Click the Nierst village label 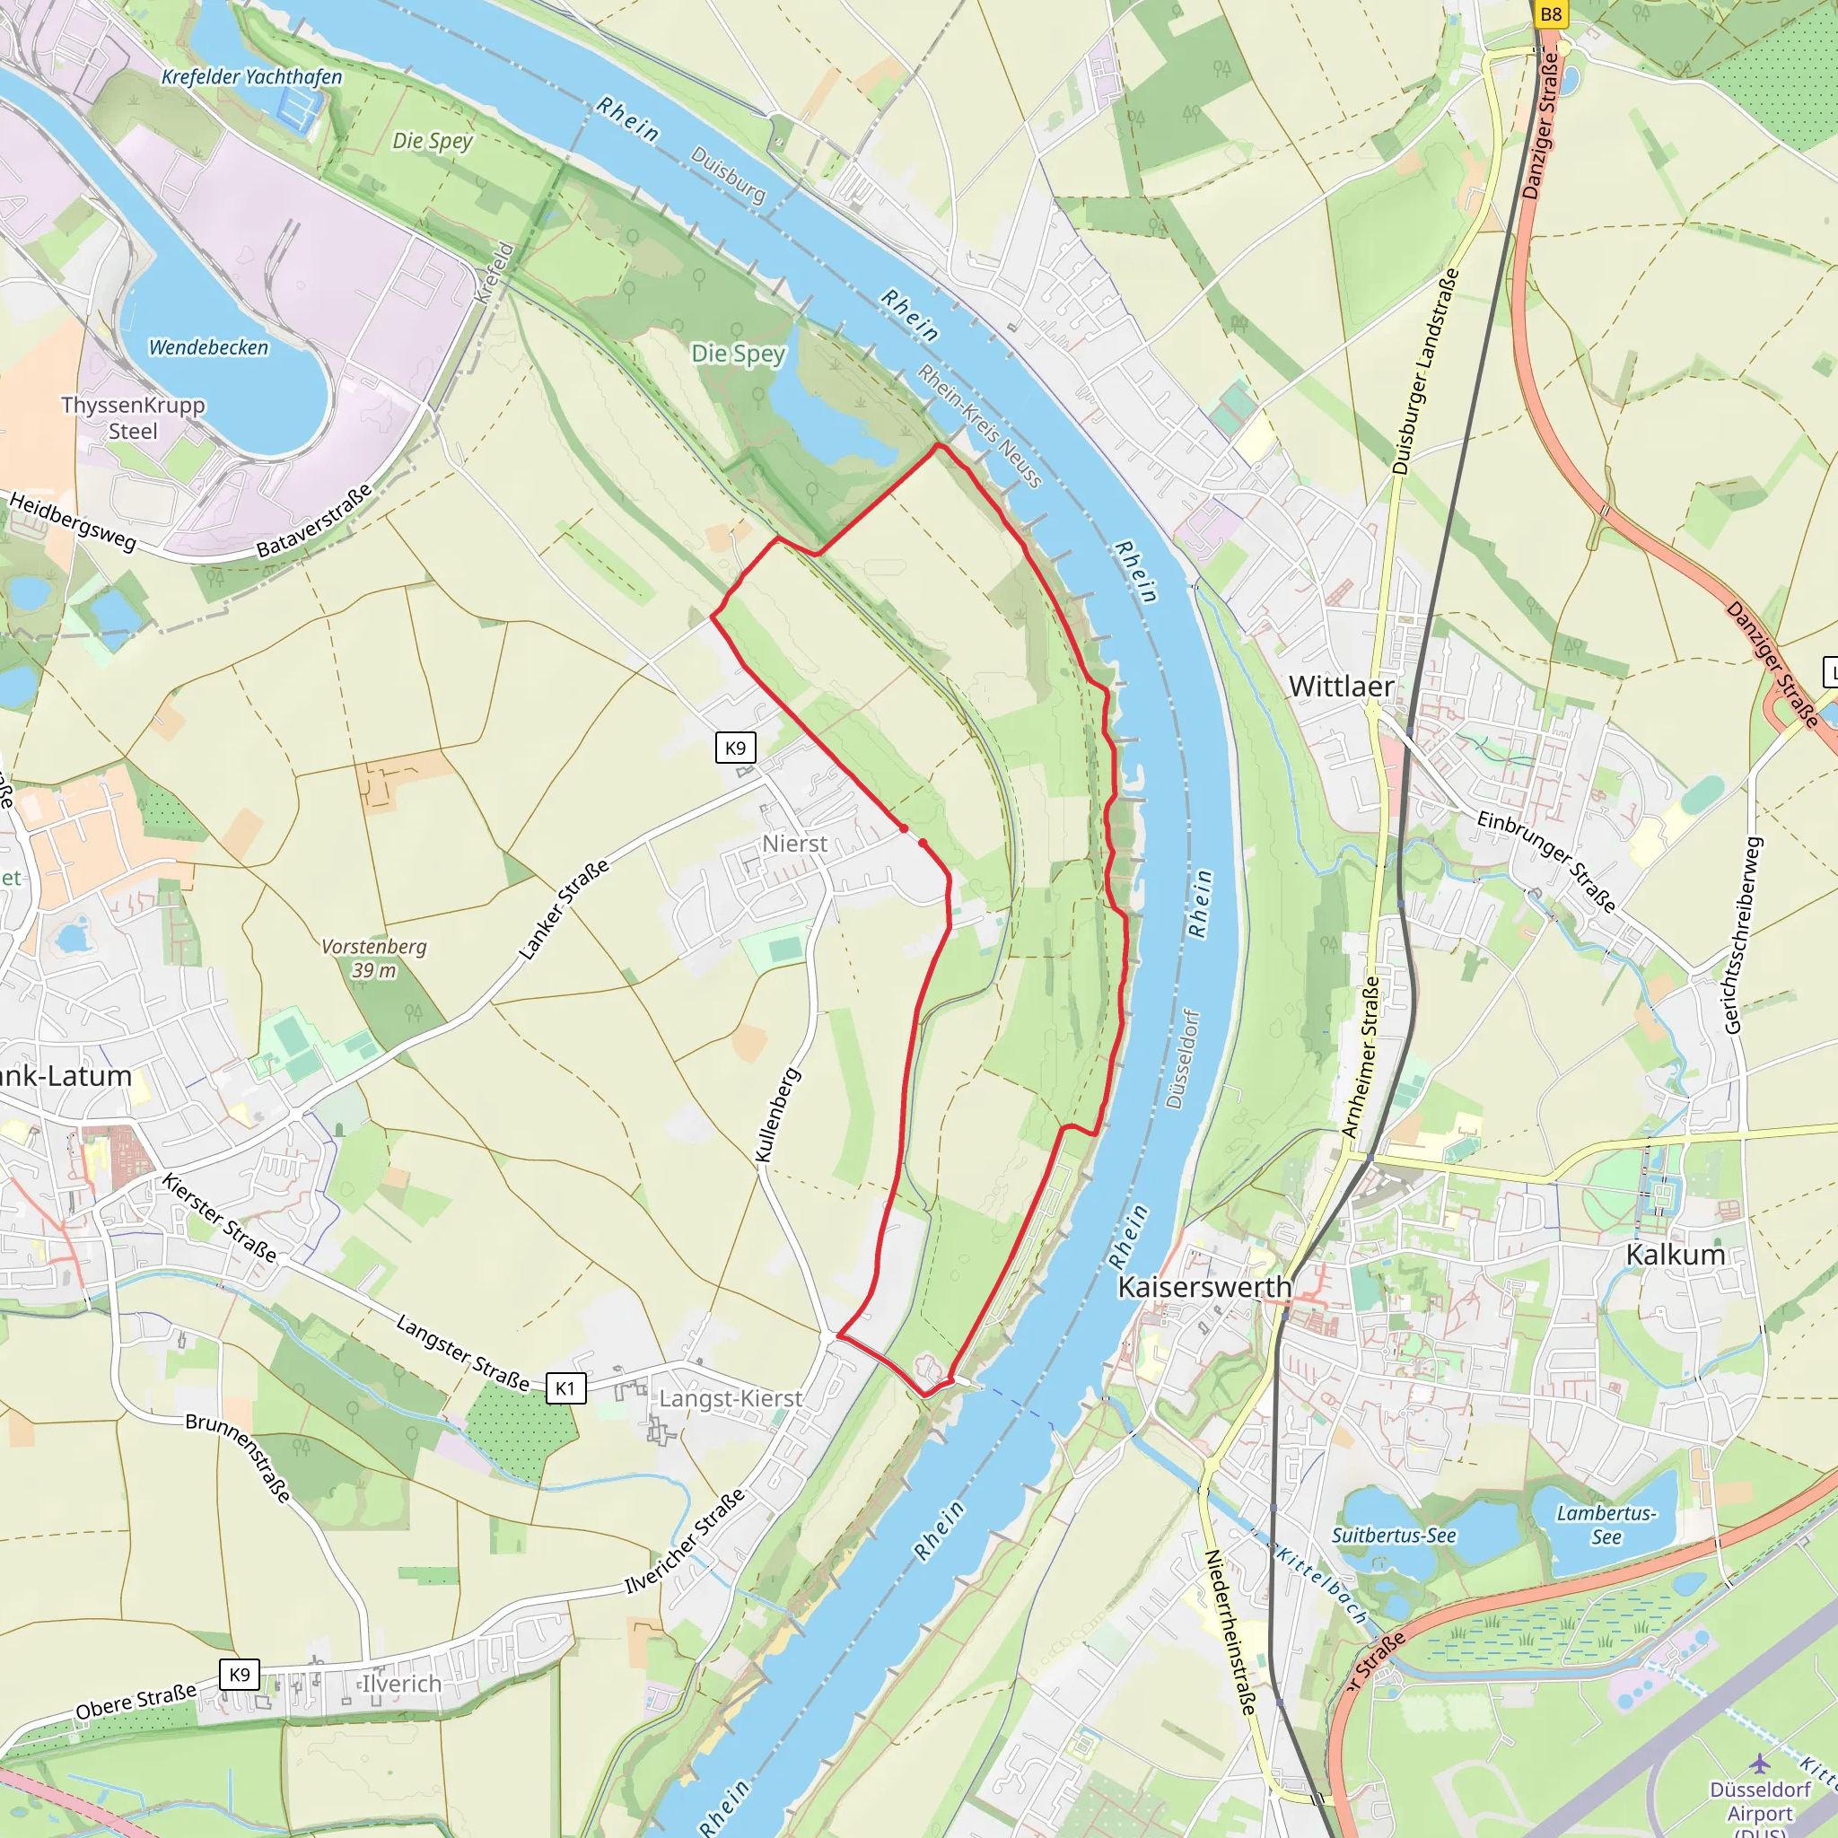794,844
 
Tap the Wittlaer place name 1341,686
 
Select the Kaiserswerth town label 1203,1286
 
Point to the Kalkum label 1675,1254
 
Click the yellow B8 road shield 1551,13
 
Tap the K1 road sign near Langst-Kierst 565,1388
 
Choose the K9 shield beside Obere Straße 240,1675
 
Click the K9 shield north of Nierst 735,748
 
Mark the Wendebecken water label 208,347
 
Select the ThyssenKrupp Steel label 133,417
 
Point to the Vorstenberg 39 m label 374,958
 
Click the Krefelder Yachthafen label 251,77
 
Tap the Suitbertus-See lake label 1393,1535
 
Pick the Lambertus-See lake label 1606,1524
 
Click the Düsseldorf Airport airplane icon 1760,1763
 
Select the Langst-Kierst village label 731,1398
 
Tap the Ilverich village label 401,1683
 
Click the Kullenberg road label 777,1115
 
